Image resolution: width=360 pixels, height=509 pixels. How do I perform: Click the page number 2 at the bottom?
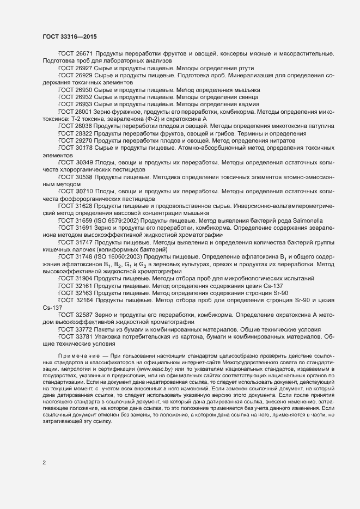pos(44,463)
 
